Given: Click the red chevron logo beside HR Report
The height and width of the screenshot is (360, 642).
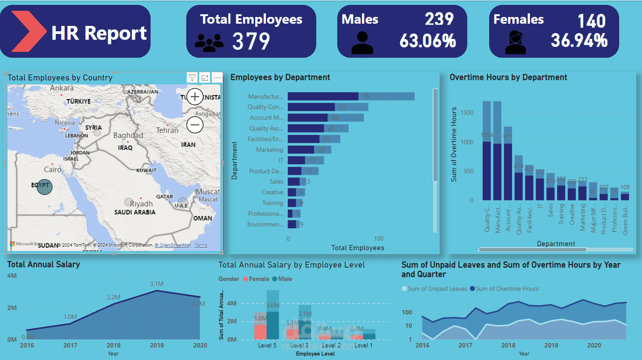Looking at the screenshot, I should pyautogui.click(x=28, y=31).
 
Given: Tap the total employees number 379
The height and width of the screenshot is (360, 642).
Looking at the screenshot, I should pyautogui.click(x=251, y=42).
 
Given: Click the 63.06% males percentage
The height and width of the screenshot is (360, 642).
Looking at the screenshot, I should pyautogui.click(x=428, y=41).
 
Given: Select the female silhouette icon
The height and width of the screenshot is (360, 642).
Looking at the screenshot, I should pyautogui.click(x=515, y=42).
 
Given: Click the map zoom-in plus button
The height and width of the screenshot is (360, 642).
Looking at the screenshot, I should pyautogui.click(x=195, y=96).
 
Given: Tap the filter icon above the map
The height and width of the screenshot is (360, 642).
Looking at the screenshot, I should pyautogui.click(x=192, y=78).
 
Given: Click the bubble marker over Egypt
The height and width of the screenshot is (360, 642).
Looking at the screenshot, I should pyautogui.click(x=45, y=187).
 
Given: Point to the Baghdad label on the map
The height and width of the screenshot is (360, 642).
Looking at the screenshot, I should pyautogui.click(x=128, y=135).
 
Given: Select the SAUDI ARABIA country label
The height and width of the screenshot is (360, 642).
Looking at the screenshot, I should pyautogui.click(x=134, y=212).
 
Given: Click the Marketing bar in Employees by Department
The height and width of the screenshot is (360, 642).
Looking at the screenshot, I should pyautogui.click(x=301, y=150).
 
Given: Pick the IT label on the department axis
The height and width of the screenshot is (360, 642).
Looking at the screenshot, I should pyautogui.click(x=281, y=160).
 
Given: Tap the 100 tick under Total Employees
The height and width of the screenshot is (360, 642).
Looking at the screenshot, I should pyautogui.click(x=378, y=239).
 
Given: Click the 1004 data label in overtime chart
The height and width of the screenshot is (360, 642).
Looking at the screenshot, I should pyautogui.click(x=487, y=135).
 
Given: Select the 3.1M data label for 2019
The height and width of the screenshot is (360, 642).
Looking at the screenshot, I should pyautogui.click(x=156, y=284).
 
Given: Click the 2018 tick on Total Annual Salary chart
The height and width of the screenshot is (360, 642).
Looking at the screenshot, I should pyautogui.click(x=113, y=345).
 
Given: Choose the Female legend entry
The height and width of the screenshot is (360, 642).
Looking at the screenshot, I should pyautogui.click(x=256, y=279).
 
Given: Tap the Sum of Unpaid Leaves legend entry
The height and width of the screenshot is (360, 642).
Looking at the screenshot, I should pyautogui.click(x=434, y=289).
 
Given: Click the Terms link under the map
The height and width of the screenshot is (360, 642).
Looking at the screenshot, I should pyautogui.click(x=201, y=245).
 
